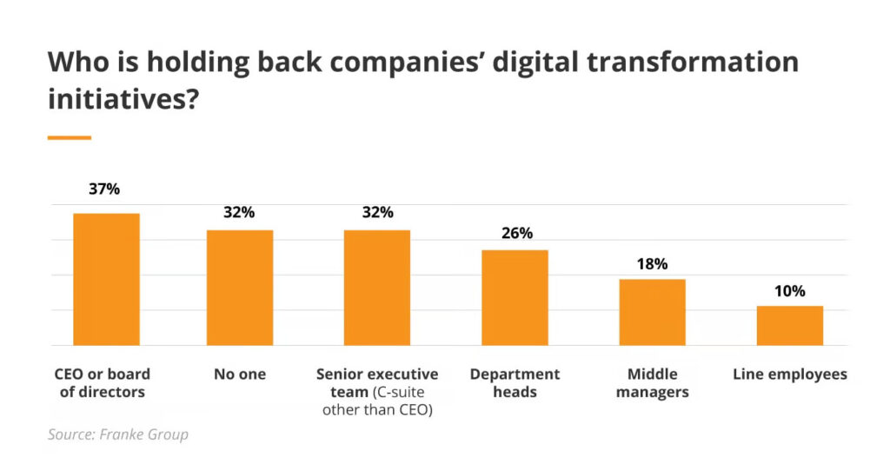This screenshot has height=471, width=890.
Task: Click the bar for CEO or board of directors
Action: click(106, 279)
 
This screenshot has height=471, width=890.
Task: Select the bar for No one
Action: click(240, 288)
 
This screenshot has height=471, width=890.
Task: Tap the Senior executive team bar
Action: click(377, 288)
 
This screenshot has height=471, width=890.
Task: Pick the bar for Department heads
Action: click(515, 297)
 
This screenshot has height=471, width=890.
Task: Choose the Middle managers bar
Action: click(652, 312)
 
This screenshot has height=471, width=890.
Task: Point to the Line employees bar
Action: click(789, 325)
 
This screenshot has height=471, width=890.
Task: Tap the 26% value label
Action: click(515, 233)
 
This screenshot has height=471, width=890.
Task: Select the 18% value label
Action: click(652, 263)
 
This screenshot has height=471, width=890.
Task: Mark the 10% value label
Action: click(789, 290)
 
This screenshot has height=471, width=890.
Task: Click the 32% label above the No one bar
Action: click(240, 212)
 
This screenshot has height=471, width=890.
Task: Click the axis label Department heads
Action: click(515, 382)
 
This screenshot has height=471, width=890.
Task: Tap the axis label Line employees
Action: click(789, 375)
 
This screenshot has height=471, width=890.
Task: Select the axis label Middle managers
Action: click(652, 382)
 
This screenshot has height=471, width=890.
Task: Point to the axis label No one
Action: click(240, 375)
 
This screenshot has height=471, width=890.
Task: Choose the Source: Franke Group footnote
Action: click(118, 435)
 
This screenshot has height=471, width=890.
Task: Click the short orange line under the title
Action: click(70, 137)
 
